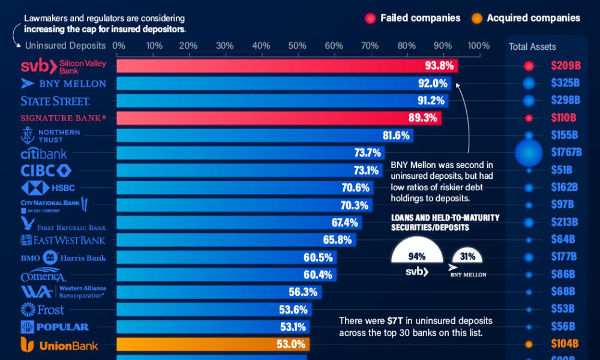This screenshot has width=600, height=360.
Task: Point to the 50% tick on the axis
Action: (x=297, y=46)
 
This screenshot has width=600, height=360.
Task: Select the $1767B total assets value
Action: (x=566, y=152)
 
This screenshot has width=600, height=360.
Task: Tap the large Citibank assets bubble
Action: (x=529, y=152)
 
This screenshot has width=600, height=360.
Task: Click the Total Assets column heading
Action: (x=532, y=47)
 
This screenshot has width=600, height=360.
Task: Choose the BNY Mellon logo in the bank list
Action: (x=63, y=83)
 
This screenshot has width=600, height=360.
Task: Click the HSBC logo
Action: (x=47, y=188)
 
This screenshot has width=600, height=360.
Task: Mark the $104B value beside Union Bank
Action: (x=564, y=344)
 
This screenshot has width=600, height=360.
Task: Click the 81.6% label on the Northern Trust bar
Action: (x=396, y=136)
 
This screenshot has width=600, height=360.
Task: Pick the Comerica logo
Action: (x=43, y=275)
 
